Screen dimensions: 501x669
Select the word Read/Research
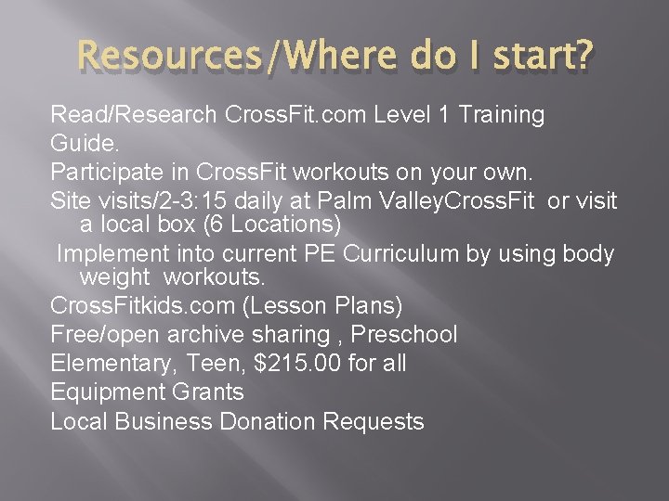click(134, 115)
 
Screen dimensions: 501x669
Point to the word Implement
click(113, 253)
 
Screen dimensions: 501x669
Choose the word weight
click(115, 277)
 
